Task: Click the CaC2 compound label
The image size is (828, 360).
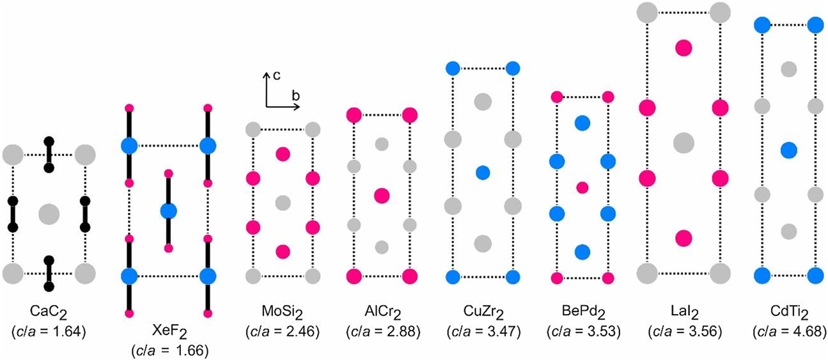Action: [49, 313]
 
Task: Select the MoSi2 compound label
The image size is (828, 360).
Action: [283, 313]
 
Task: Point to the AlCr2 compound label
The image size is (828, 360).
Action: [383, 313]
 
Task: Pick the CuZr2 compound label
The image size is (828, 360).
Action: [483, 313]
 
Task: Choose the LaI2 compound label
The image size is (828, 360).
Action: [684, 313]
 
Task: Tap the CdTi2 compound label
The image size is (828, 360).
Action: [789, 313]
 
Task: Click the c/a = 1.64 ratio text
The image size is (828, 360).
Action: [49, 331]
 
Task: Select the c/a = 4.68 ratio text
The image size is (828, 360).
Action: [789, 331]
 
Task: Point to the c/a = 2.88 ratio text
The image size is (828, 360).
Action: [383, 331]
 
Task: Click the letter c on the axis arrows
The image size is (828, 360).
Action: [276, 75]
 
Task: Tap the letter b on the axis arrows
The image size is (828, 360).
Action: [295, 96]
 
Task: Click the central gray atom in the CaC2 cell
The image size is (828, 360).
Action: [49, 214]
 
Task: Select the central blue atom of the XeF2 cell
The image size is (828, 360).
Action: [169, 212]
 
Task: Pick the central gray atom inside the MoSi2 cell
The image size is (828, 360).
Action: [283, 203]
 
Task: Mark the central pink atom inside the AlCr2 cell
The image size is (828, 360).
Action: [382, 196]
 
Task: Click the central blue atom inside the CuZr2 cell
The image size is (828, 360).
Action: [483, 173]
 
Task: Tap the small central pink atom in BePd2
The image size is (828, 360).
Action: [582, 188]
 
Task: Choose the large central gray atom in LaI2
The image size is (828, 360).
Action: [683, 143]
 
